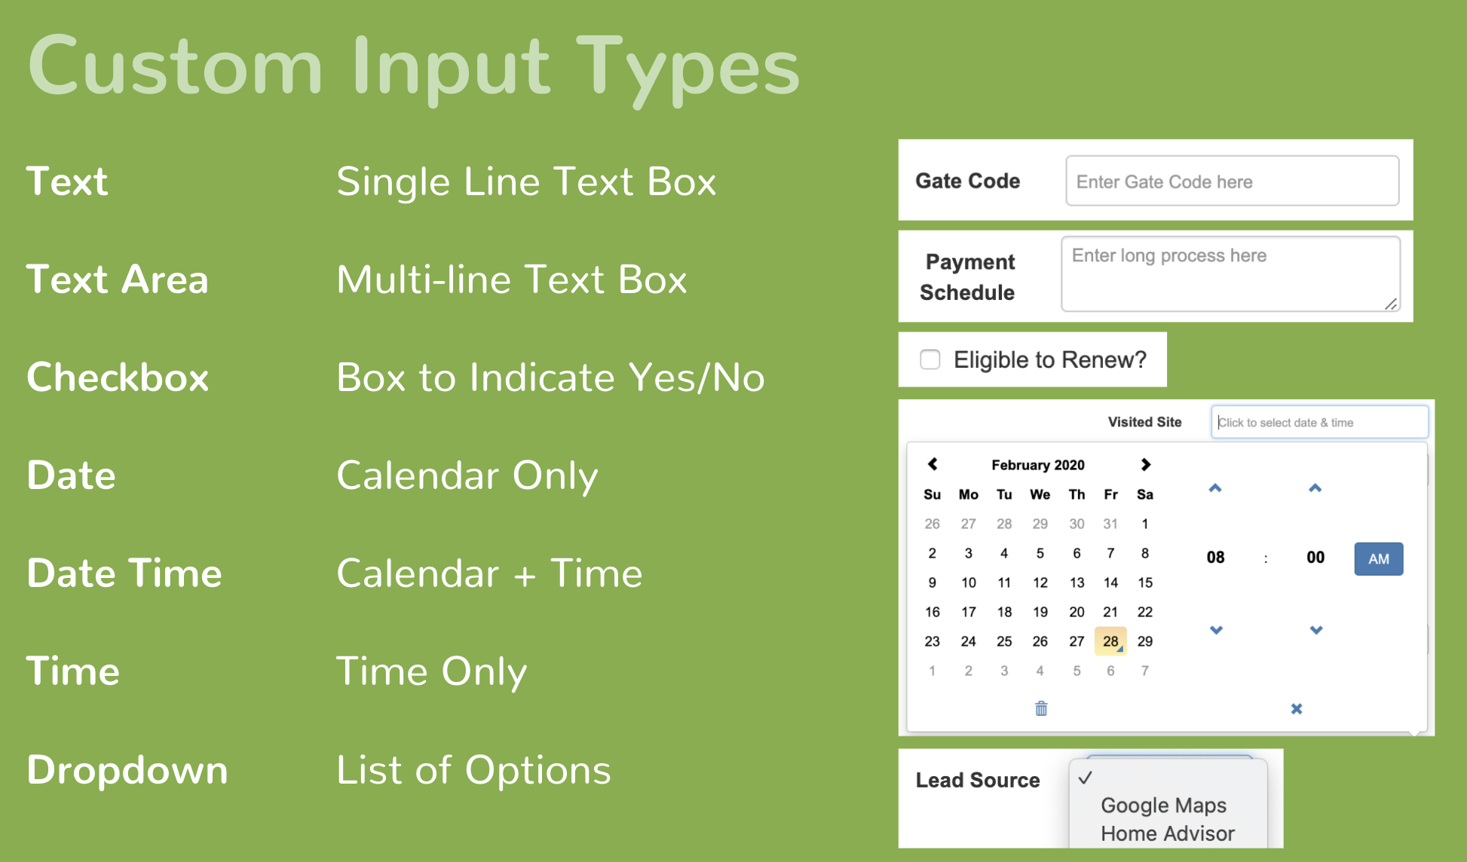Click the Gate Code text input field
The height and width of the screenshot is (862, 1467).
click(x=1232, y=181)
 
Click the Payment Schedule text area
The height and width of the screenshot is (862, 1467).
click(x=1230, y=274)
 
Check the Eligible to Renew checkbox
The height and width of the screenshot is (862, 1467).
click(x=930, y=359)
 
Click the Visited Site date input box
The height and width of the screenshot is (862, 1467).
click(x=1319, y=422)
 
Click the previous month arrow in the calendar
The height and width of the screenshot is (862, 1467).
click(x=933, y=464)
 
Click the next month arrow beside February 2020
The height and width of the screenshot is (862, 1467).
click(x=1146, y=464)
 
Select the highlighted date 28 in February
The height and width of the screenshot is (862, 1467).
click(x=1110, y=641)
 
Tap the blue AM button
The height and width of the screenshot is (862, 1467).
click(x=1379, y=559)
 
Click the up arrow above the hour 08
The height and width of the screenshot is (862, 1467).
click(x=1215, y=488)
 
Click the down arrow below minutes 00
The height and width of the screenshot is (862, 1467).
click(x=1316, y=630)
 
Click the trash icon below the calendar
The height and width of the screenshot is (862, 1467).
click(x=1041, y=708)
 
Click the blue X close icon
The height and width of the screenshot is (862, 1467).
click(x=1297, y=709)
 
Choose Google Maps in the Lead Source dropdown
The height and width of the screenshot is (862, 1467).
click(x=1163, y=805)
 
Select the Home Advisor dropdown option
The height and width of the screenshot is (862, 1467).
click(x=1168, y=833)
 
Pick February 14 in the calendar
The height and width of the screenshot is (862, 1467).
click(x=1110, y=582)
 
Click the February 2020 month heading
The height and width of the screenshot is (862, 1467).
click(x=1038, y=465)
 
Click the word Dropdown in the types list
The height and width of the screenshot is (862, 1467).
click(x=127, y=770)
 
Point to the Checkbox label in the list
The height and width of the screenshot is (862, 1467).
click(x=118, y=377)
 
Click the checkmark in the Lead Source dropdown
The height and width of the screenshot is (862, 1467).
click(x=1086, y=778)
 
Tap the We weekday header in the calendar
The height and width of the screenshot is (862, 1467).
click(x=1040, y=494)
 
